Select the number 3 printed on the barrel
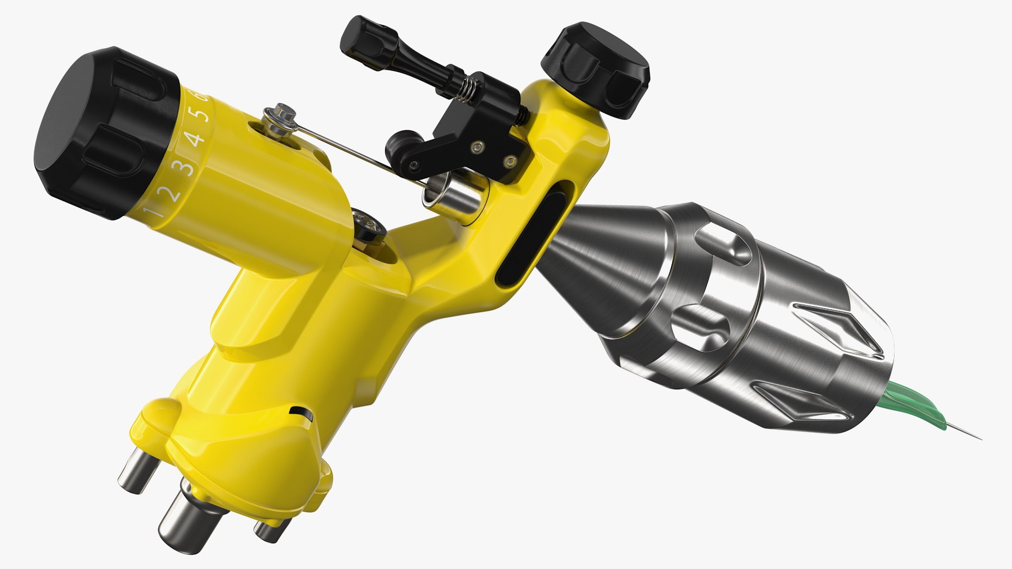[x=184, y=168]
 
